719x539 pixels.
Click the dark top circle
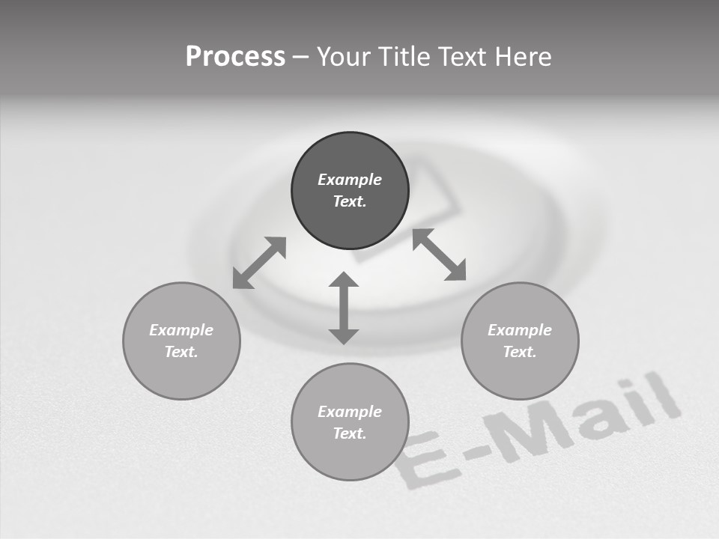[350, 190]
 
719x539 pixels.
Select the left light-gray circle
[181, 341]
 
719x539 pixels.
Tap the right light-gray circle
[520, 341]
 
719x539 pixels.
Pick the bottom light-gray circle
[350, 422]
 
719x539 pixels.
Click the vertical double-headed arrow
[344, 308]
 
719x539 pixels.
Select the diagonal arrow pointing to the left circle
[259, 263]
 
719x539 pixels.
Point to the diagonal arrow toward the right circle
[439, 255]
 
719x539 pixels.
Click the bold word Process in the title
[235, 57]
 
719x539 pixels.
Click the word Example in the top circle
[350, 180]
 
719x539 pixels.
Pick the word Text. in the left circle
[181, 352]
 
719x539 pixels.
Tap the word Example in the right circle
[520, 330]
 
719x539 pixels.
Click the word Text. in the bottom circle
[350, 433]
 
